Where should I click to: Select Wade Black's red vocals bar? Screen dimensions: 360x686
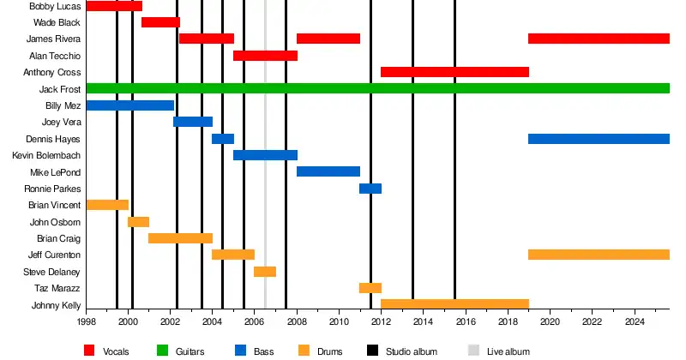click(x=160, y=22)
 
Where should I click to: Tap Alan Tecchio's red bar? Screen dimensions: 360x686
click(x=265, y=56)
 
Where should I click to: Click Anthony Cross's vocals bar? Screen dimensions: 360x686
click(x=454, y=72)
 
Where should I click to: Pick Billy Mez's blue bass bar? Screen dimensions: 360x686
click(x=129, y=105)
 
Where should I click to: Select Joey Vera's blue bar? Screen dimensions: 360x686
click(x=192, y=122)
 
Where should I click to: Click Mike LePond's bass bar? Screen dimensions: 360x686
click(x=328, y=171)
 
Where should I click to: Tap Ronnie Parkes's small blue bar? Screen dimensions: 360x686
click(x=370, y=189)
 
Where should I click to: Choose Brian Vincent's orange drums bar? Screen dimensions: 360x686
click(x=107, y=205)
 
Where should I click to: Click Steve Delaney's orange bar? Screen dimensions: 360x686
click(x=265, y=272)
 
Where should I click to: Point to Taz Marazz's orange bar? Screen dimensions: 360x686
click(x=370, y=288)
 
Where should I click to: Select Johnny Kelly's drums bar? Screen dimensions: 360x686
click(x=454, y=304)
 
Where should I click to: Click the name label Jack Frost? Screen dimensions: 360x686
click(x=60, y=89)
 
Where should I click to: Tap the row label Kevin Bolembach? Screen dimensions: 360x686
click(x=46, y=155)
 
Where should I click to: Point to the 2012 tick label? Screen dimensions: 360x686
click(x=381, y=322)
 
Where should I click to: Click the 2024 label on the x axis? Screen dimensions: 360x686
click(x=635, y=322)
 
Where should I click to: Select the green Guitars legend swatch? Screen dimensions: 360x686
click(x=163, y=351)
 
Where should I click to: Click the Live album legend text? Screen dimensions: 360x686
click(x=509, y=351)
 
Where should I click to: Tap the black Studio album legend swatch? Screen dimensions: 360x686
click(x=373, y=351)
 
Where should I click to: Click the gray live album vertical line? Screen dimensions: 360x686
click(x=265, y=171)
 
